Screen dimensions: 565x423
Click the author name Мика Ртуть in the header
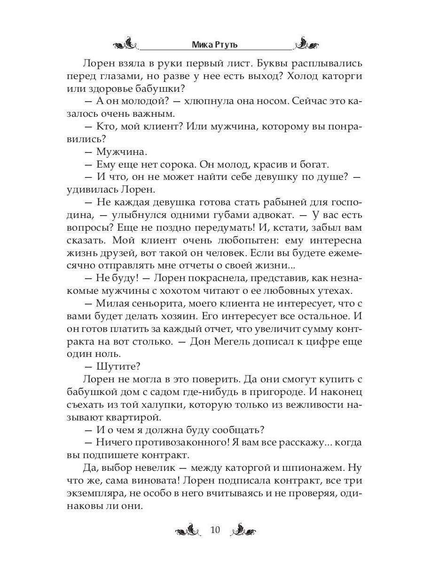tap(216, 45)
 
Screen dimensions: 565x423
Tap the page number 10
tap(215, 530)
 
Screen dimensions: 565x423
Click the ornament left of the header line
tap(126, 45)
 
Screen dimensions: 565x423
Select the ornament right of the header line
tap(306, 45)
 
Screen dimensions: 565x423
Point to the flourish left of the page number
tap(190, 531)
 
